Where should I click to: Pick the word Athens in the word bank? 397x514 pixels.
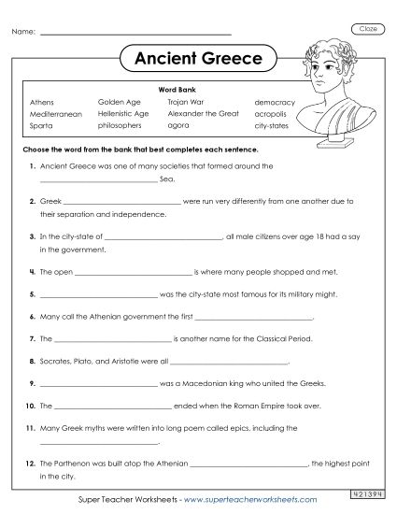pos(42,101)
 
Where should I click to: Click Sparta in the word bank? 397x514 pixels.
pos(42,124)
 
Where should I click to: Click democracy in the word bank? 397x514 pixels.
pos(275,101)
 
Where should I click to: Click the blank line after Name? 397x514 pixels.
pos(136,35)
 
